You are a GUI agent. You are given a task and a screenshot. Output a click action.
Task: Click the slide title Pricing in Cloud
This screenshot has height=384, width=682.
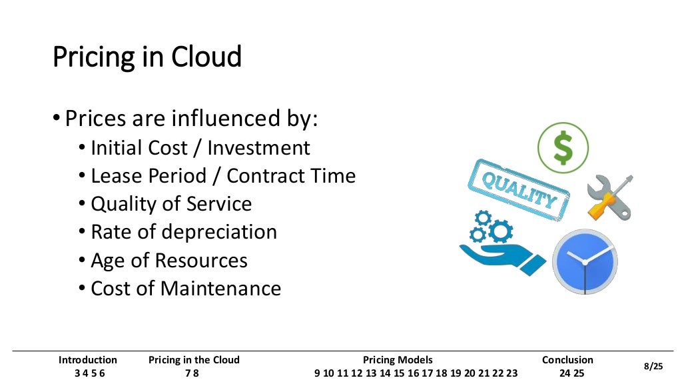point(147,58)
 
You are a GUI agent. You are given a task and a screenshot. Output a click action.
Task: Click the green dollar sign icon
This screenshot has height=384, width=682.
point(563,147)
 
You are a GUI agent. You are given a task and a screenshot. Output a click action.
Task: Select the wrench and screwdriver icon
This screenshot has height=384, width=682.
point(609,197)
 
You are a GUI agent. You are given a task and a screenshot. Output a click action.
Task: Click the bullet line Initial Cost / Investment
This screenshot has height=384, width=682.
point(200,148)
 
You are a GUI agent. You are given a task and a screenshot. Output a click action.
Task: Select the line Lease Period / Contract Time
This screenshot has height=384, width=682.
point(222,176)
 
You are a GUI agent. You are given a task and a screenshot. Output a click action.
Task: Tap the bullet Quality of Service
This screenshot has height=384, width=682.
point(171,204)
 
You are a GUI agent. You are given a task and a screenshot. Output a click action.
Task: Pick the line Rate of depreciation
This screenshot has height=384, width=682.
point(183,232)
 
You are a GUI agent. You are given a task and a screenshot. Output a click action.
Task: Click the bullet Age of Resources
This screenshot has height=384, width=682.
point(169,260)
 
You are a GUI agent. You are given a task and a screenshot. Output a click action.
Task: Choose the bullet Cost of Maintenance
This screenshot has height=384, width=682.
point(185,289)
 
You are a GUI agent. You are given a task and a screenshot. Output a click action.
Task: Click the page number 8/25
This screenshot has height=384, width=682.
point(653,367)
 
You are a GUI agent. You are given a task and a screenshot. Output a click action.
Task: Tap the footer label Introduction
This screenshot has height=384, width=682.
point(88,360)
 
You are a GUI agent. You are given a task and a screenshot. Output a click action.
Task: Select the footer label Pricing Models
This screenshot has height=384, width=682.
point(398,360)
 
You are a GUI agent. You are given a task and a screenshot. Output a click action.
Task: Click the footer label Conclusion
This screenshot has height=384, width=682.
point(567,360)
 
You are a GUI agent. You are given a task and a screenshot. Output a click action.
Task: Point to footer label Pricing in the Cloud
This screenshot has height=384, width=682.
point(194,360)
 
